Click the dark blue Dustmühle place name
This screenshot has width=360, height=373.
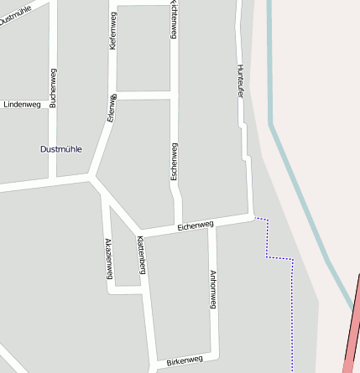(61, 149)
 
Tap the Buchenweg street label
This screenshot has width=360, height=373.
(53, 88)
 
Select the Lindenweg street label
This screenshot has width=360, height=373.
(22, 105)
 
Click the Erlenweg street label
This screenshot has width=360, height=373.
(111, 108)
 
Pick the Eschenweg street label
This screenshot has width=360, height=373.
(174, 161)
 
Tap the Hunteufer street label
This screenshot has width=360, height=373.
(240, 82)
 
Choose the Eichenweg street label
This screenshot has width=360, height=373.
(196, 225)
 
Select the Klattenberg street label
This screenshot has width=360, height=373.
(142, 255)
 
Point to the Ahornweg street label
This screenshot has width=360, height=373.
(213, 289)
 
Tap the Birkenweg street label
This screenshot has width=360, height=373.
(185, 360)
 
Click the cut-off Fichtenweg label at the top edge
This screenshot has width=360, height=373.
(174, 17)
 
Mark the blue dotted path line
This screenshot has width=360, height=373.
(292, 310)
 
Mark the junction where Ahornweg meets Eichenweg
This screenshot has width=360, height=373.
(212, 225)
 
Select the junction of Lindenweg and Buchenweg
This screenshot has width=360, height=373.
(53, 105)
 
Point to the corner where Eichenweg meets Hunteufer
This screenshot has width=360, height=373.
(252, 216)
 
